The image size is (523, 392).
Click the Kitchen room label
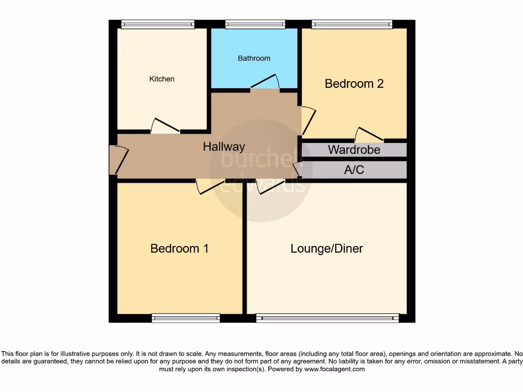pos(162,79)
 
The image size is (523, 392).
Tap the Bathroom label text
pos(254,58)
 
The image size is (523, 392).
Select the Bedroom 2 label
pos(354,84)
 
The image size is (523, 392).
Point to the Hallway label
pos(224,147)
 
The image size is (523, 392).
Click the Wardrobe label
pos(354,150)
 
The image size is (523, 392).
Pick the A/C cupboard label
pos(354,170)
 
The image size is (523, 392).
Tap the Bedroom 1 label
pos(179,249)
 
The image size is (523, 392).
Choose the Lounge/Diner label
pos(326,249)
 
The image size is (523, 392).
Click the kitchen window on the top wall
pos(158,24)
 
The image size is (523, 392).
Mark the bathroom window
pos(255,24)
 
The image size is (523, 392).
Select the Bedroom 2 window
pos(352,24)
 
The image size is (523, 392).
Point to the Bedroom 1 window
pos(186,318)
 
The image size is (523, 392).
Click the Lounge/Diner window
pos(327,318)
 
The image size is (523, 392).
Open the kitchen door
pos(165,126)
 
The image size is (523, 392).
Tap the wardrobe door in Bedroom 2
pos(369,134)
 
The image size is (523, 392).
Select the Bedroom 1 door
pos(210,187)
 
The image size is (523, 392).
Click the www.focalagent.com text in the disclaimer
pos(334,369)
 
